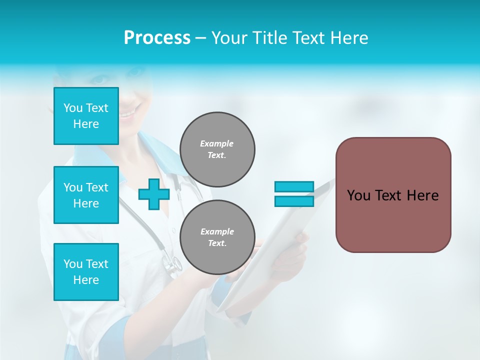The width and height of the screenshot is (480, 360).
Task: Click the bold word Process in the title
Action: click(157, 38)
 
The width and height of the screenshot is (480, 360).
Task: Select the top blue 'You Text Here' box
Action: click(86, 116)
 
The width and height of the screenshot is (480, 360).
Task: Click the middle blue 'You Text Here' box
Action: click(86, 195)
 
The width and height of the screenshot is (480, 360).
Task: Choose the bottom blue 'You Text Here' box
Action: click(86, 271)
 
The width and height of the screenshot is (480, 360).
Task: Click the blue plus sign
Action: click(153, 194)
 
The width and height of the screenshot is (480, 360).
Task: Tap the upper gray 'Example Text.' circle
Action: click(217, 149)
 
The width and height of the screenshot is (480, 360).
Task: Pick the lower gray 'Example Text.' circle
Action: click(217, 237)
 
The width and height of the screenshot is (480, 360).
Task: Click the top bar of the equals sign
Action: click(294, 186)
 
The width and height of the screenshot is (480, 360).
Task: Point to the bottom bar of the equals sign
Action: click(294, 201)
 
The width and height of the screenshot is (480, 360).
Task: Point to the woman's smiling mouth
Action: click(129, 112)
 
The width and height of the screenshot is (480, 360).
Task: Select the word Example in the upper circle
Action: click(217, 143)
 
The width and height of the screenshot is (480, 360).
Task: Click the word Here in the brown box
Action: click(422, 195)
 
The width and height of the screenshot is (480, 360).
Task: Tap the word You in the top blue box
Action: click(73, 108)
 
